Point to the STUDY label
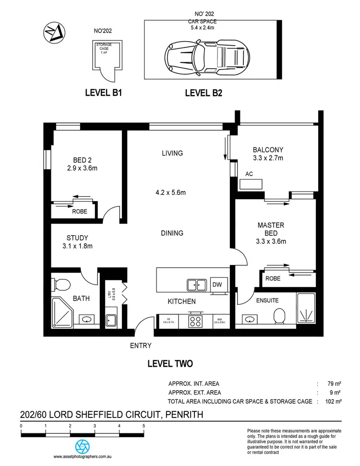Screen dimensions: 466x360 (x=77, y=238)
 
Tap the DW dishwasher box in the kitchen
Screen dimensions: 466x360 (x=217, y=285)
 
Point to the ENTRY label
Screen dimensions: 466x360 (x=141, y=345)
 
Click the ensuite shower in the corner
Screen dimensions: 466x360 (x=306, y=308)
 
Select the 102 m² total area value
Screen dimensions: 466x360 (x=333, y=401)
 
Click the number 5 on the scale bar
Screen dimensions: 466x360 (x=144, y=426)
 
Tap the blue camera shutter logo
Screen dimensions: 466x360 (x=84, y=445)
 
